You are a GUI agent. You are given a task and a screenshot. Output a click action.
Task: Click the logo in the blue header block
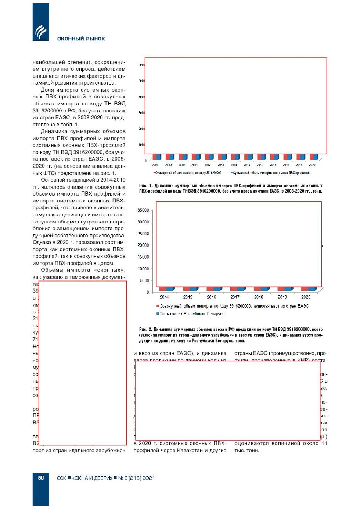point(41,32)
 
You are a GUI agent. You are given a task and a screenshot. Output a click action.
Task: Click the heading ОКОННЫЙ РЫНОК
point(81,39)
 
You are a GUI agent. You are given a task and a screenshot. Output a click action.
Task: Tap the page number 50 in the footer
point(41,478)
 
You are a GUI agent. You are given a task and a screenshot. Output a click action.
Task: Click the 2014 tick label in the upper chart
point(234,165)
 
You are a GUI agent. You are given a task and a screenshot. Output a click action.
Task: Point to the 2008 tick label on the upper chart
point(155,165)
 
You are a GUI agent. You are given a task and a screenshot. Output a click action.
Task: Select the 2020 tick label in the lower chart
point(306,297)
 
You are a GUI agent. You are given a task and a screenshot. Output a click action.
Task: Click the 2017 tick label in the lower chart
point(235,297)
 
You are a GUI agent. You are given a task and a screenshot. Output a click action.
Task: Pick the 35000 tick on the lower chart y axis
point(143,210)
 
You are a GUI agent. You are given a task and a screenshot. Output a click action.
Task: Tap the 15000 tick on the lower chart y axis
point(143,257)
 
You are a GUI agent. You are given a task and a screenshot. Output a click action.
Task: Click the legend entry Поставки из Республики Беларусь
point(191,314)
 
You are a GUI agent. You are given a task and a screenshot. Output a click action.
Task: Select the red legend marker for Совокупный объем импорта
point(158,306)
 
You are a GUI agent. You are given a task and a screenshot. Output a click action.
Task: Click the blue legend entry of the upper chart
point(271,173)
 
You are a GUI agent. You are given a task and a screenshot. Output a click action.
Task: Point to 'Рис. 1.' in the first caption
point(146,186)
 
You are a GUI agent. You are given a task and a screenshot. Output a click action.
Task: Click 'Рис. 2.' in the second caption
point(145,329)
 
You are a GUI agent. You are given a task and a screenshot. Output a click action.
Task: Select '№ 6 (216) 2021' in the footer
point(136,478)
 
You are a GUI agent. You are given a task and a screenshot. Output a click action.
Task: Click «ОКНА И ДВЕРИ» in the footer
point(92,478)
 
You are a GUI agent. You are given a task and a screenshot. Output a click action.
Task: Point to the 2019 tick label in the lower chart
point(282,297)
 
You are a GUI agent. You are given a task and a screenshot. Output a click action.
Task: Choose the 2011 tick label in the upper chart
point(195,165)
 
